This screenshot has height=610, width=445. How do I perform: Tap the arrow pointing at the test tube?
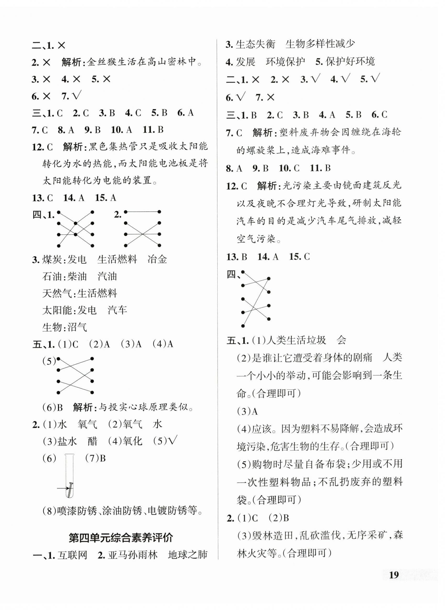[x=62, y=488]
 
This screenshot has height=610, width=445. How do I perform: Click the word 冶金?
[x=158, y=259]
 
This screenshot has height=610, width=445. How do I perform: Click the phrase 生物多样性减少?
[x=320, y=44]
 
